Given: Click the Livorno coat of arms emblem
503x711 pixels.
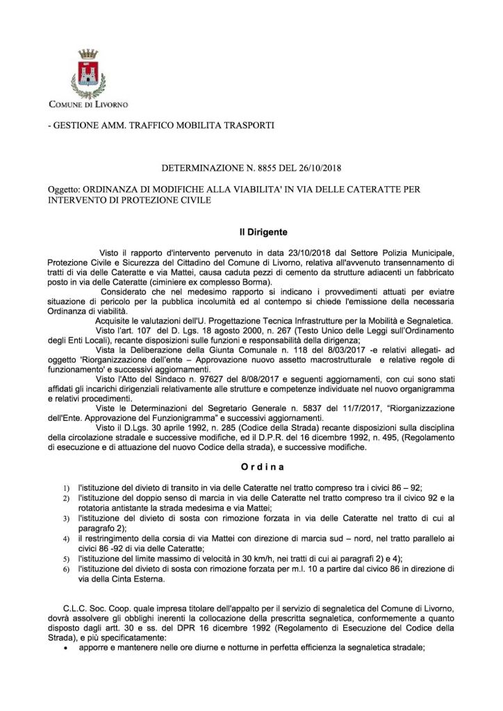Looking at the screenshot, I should pyautogui.click(x=88, y=76).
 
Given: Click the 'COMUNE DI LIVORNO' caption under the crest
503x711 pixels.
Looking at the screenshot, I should pyautogui.click(x=88, y=105).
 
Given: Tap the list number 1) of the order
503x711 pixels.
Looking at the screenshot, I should pyautogui.click(x=66, y=487).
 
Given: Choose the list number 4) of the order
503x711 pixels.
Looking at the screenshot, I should pyautogui.click(x=66, y=539).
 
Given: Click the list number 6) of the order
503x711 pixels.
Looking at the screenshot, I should pyautogui.click(x=66, y=569).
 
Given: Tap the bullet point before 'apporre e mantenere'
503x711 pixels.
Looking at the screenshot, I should pyautogui.click(x=65, y=644).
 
